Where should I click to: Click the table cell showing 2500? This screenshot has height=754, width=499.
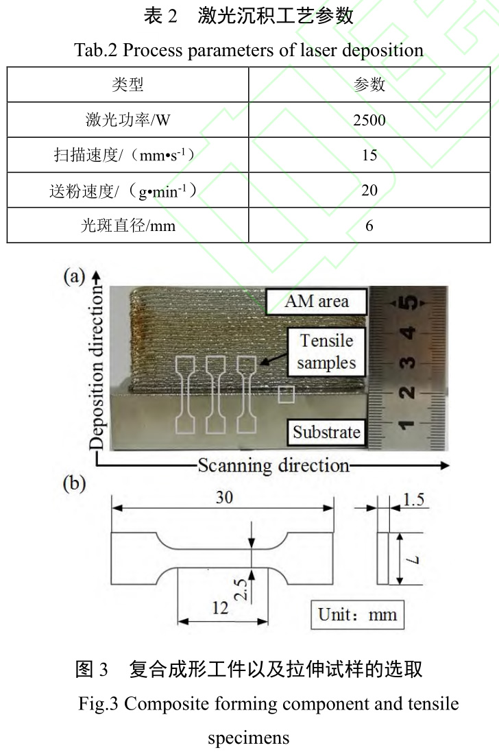click(x=369, y=121)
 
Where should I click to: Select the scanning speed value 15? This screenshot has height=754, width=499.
click(x=369, y=156)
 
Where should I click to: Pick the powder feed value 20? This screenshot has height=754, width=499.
click(x=369, y=191)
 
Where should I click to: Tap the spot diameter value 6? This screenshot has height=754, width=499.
click(x=369, y=226)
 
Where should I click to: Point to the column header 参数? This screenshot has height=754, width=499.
click(x=369, y=85)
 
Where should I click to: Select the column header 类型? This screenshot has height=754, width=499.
click(x=127, y=85)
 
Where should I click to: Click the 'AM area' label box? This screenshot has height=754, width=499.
click(x=317, y=300)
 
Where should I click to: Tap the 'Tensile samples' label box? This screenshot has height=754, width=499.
click(x=326, y=352)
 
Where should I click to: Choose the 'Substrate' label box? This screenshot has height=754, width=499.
click(x=326, y=432)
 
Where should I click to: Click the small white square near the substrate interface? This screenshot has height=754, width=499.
click(x=287, y=394)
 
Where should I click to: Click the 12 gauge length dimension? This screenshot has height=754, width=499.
click(x=221, y=607)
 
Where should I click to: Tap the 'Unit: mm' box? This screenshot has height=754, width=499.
click(x=357, y=613)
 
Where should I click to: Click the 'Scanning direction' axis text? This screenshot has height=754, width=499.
click(x=273, y=465)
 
